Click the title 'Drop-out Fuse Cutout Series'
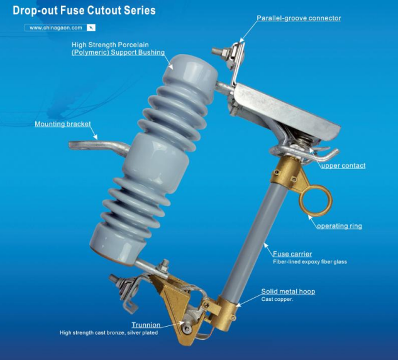(x=84, y=11)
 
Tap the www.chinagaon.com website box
(x=60, y=28)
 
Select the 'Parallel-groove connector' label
(x=299, y=18)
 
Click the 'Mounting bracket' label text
(x=63, y=124)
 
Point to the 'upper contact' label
(x=343, y=166)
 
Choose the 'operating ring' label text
(x=340, y=226)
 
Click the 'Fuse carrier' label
(x=292, y=254)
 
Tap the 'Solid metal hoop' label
(x=288, y=292)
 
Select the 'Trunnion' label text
(x=146, y=325)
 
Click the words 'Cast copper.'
(x=277, y=299)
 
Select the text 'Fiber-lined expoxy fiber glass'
(x=310, y=262)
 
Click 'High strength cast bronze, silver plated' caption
(x=109, y=332)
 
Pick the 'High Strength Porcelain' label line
(x=110, y=45)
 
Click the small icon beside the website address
(x=91, y=28)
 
